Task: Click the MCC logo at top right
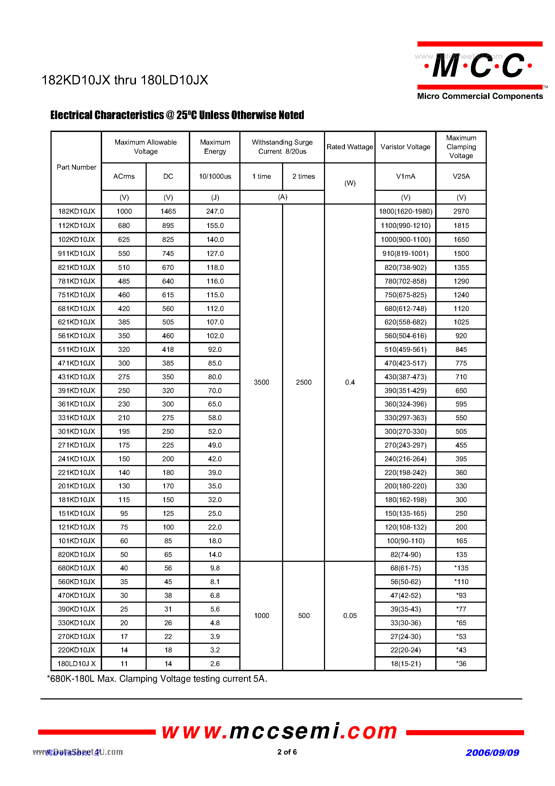coord(479,66)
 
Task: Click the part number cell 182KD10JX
coord(76,211)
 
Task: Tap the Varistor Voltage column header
coord(405,147)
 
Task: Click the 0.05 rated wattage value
coord(350,616)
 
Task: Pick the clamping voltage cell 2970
coord(461,211)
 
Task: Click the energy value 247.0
coord(215,211)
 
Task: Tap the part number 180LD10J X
coord(76,663)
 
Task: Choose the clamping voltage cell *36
coord(461,663)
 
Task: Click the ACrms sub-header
coord(124,176)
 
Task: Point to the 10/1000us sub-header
coord(215,176)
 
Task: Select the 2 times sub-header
coord(304,176)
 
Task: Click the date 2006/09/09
coord(492,752)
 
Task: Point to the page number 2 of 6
coord(287,752)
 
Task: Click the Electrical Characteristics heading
coord(177,115)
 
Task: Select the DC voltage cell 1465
coord(168,211)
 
